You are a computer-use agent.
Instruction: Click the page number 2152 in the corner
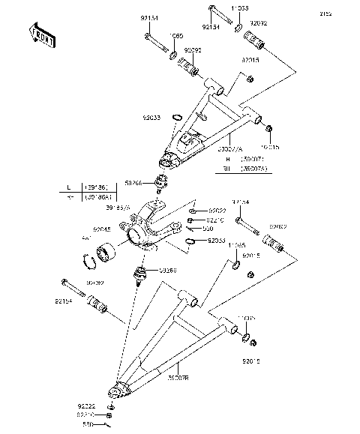347,13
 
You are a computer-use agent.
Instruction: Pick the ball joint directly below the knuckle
139,275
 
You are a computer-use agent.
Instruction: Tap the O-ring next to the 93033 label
177,117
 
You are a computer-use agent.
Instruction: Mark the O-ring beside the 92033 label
191,241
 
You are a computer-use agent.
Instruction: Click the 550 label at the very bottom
87,425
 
